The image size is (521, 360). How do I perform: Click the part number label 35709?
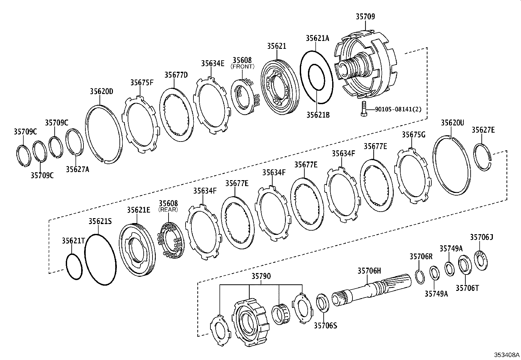coord(365,16)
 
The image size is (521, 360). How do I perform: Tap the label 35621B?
coord(318,115)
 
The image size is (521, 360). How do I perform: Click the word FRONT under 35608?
coord(242,66)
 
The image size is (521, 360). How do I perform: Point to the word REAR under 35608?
coord(168,210)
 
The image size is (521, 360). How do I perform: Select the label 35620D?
coord(101,91)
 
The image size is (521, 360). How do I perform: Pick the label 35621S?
coord(100,221)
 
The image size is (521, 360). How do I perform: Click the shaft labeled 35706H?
coord(370,290)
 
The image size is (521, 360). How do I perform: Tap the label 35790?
coord(261,276)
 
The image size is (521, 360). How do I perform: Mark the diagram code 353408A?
coord(507,355)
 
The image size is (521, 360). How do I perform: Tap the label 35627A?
coord(77,169)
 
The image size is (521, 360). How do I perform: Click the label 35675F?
coord(142,82)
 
